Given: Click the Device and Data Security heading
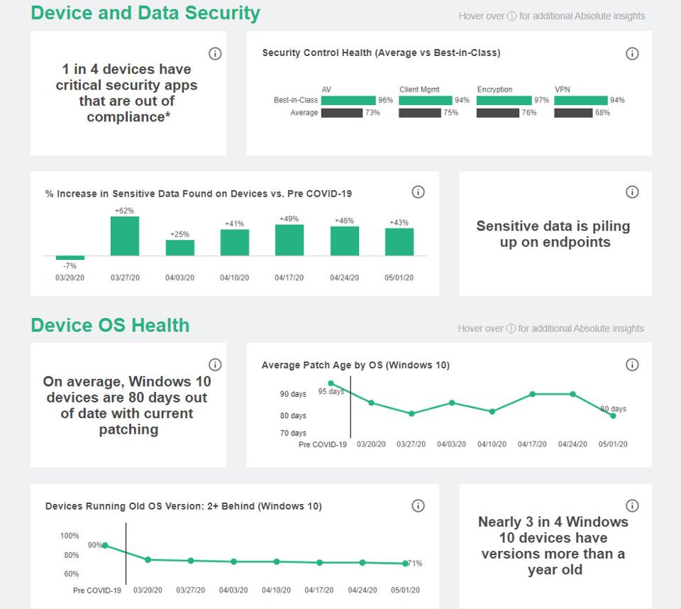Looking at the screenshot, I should [145, 13].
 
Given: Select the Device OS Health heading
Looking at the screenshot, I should [110, 325].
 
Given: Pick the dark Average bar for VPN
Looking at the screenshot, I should [573, 113].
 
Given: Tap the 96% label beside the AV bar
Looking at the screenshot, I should [385, 100].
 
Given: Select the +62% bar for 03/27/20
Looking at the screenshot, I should [125, 236].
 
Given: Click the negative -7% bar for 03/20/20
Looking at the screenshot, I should [70, 258].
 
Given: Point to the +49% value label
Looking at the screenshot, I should [289, 219].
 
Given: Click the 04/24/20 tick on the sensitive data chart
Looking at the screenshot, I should [344, 278].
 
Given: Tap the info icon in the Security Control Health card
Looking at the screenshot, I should [632, 54].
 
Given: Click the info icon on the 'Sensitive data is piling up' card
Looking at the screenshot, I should [632, 192].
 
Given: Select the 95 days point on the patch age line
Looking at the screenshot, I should [331, 384].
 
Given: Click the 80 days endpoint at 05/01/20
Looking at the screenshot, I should [613, 416].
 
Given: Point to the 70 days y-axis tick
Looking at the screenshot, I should [293, 433].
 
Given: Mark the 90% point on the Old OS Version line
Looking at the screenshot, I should [105, 545].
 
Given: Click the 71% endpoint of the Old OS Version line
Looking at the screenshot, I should [405, 564].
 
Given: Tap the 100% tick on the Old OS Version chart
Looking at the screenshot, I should [70, 536].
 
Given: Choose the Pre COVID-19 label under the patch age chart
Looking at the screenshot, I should [323, 444].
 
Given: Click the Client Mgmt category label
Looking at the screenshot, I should [419, 89].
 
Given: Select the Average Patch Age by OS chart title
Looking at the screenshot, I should [355, 365].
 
